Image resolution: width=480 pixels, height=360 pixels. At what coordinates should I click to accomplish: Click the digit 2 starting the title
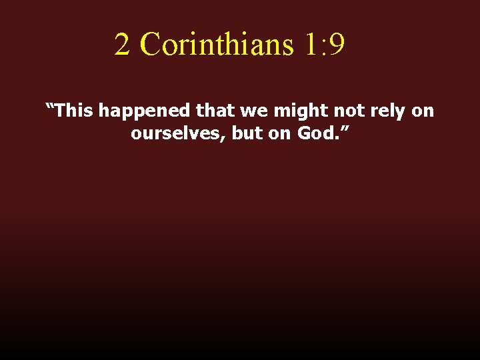click(121, 45)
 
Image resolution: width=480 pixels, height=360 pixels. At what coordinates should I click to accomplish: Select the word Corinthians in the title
click(217, 45)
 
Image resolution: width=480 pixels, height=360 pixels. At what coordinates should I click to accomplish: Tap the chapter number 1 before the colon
click(312, 45)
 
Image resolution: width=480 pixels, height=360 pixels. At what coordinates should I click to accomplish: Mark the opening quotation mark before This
click(49, 107)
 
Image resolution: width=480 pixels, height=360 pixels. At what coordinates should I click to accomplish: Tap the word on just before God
click(283, 134)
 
